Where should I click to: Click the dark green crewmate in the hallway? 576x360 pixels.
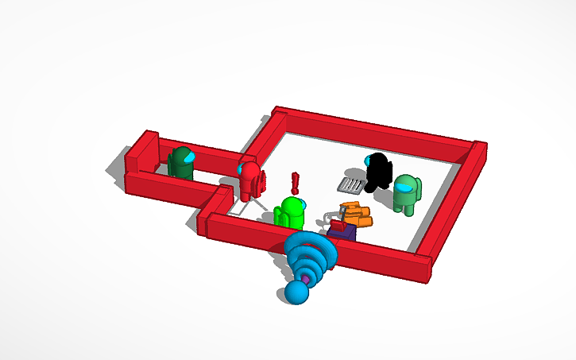click(x=182, y=162)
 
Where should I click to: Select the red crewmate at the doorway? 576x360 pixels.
click(x=250, y=181)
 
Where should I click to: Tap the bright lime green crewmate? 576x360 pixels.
click(x=291, y=213)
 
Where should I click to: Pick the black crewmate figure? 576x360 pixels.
click(x=380, y=172)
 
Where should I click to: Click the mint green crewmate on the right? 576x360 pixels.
click(x=407, y=195)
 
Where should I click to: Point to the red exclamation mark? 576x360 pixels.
click(x=296, y=184)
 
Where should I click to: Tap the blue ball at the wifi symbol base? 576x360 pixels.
click(x=296, y=293)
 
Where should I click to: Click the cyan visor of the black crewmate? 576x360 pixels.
click(x=369, y=161)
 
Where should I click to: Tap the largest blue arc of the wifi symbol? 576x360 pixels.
click(x=312, y=246)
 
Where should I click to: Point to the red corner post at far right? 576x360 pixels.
click(x=478, y=154)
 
